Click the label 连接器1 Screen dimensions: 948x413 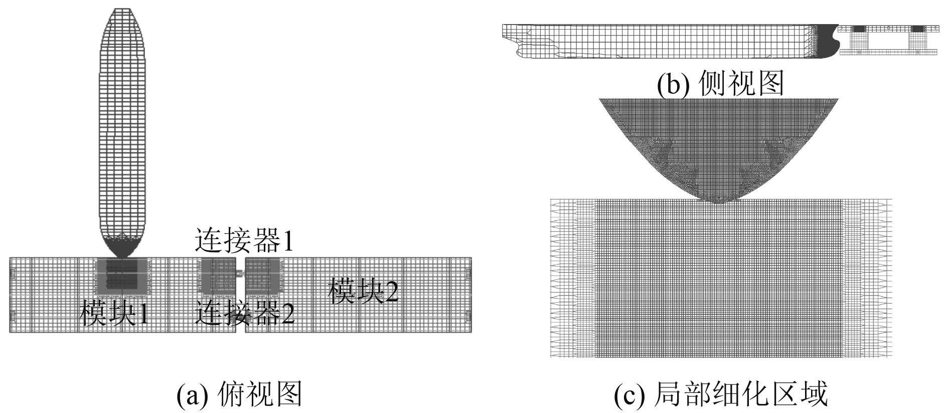[x=244, y=241]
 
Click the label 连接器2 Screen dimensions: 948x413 [x=244, y=313]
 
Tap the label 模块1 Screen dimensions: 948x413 [x=114, y=313]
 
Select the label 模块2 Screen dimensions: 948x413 [x=363, y=291]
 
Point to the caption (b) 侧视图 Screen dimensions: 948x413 [x=720, y=83]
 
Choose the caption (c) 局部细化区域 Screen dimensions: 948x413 [x=720, y=394]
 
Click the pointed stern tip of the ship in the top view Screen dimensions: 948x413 [x=124, y=10]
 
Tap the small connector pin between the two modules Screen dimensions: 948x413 [x=240, y=273]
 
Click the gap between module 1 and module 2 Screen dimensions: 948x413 [x=240, y=301]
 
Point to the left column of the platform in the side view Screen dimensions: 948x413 [x=859, y=39]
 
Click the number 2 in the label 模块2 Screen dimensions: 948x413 [x=391, y=291]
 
